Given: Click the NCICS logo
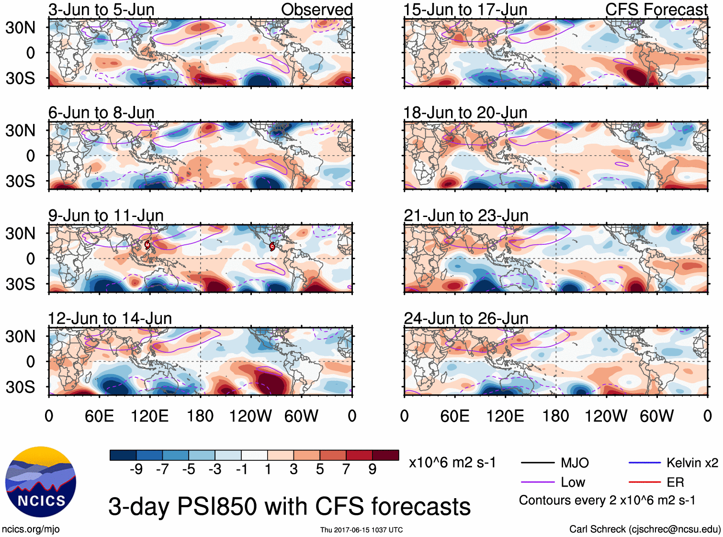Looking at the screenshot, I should [40, 482].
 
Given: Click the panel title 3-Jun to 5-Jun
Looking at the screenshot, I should [101, 10].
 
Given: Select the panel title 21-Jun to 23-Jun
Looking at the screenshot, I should [466, 216].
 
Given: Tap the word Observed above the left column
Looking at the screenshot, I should [316, 10].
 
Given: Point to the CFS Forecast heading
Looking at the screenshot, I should [656, 10].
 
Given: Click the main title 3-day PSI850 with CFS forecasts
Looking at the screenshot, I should [289, 506].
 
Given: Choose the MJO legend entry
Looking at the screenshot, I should [574, 463].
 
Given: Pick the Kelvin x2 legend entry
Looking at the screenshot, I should [692, 463].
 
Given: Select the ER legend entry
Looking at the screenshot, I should [675, 482].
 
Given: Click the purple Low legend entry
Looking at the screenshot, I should [573, 482].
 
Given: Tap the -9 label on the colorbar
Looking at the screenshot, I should [136, 469].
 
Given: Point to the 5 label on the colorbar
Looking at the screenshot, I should [320, 469].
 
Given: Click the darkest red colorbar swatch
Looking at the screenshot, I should [385, 455].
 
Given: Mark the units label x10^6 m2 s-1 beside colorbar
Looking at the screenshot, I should [452, 463].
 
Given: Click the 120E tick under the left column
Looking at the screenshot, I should [149, 416].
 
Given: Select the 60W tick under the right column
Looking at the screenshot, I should [656, 416].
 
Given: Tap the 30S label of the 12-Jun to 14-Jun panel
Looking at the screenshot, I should [20, 387].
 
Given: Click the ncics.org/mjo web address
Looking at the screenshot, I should [31, 529].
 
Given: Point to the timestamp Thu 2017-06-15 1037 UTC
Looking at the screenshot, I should [361, 530].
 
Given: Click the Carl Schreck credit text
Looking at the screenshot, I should [644, 529].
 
